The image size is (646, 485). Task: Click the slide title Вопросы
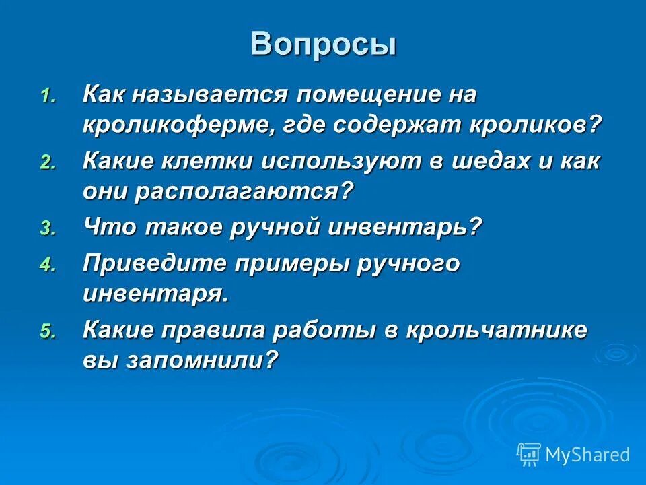coord(323,44)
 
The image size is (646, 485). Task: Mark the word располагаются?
coord(243,192)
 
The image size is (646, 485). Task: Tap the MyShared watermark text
coord(587,455)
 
